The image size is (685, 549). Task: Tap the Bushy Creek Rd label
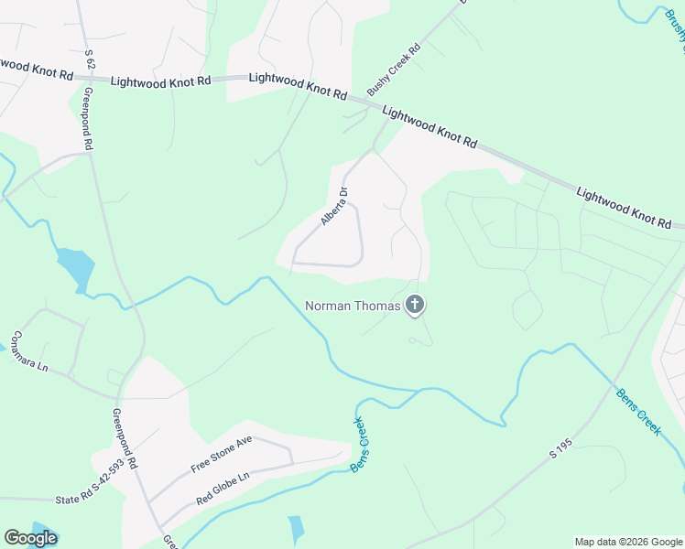(393, 70)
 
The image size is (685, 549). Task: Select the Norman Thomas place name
(353, 307)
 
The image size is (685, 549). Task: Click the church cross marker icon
(415, 305)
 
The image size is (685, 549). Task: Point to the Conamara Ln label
(29, 350)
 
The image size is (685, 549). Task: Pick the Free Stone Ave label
(221, 454)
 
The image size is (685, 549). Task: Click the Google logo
(30, 538)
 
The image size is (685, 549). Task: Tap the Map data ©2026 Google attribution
(629, 542)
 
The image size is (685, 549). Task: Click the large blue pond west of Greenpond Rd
(76, 268)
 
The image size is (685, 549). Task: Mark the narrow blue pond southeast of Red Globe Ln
(296, 529)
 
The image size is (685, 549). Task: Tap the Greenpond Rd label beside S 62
(89, 117)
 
